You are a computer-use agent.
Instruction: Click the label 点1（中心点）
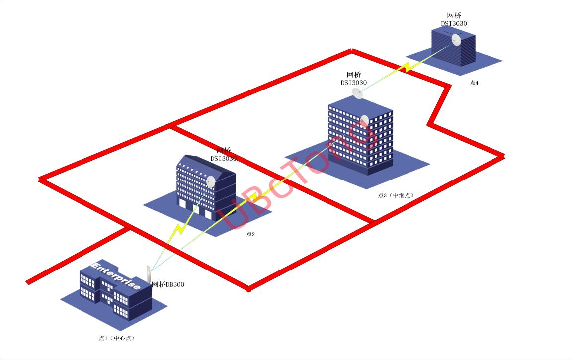pyautogui.click(x=117, y=338)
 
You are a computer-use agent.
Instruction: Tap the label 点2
pyautogui.click(x=250, y=234)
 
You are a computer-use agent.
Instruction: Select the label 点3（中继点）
pyautogui.click(x=396, y=195)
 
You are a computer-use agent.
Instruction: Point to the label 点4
pyautogui.click(x=474, y=83)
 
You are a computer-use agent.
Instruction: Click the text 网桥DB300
pyautogui.click(x=167, y=285)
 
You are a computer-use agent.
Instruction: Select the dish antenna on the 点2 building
pyautogui.click(x=211, y=181)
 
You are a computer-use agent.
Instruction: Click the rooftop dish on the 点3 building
pyautogui.click(x=357, y=93)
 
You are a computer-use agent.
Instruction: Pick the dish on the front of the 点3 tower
pyautogui.click(x=364, y=120)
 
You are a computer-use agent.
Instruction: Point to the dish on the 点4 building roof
pyautogui.click(x=456, y=40)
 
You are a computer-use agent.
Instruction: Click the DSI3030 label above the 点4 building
pyautogui.click(x=454, y=23)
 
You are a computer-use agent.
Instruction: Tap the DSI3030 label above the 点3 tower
pyautogui.click(x=354, y=83)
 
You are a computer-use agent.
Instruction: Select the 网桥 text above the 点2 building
pyautogui.click(x=224, y=150)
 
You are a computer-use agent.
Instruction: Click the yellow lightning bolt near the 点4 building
pyautogui.click(x=407, y=67)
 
